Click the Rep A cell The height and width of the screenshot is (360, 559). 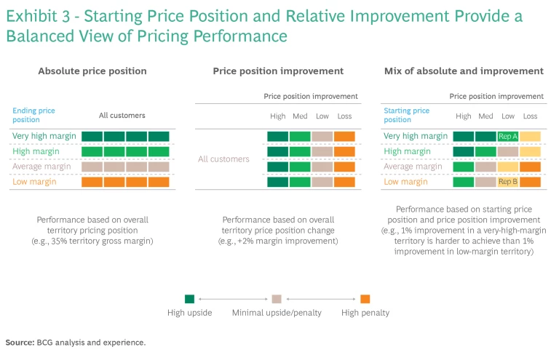(508, 136)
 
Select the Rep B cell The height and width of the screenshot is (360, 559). (508, 182)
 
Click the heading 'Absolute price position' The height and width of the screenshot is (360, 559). (92, 71)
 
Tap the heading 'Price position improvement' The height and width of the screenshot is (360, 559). (277, 71)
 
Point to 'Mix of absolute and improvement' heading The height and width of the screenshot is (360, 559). (464, 71)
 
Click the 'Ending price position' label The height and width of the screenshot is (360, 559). (33, 115)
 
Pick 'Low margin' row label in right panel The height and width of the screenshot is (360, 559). (405, 182)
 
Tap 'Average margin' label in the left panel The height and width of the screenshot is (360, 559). (41, 167)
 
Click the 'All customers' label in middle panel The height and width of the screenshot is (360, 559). (224, 159)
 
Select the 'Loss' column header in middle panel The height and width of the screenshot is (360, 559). (344, 116)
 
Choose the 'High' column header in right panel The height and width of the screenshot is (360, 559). (463, 116)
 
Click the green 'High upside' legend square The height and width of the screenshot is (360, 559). (189, 298)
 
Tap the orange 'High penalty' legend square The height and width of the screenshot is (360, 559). (365, 298)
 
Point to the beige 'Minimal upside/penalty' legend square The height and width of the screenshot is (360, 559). (277, 298)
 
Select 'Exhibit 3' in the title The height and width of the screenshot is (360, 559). (36, 14)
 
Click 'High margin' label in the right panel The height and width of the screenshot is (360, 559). (406, 151)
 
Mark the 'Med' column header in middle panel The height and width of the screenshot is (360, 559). (300, 116)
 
